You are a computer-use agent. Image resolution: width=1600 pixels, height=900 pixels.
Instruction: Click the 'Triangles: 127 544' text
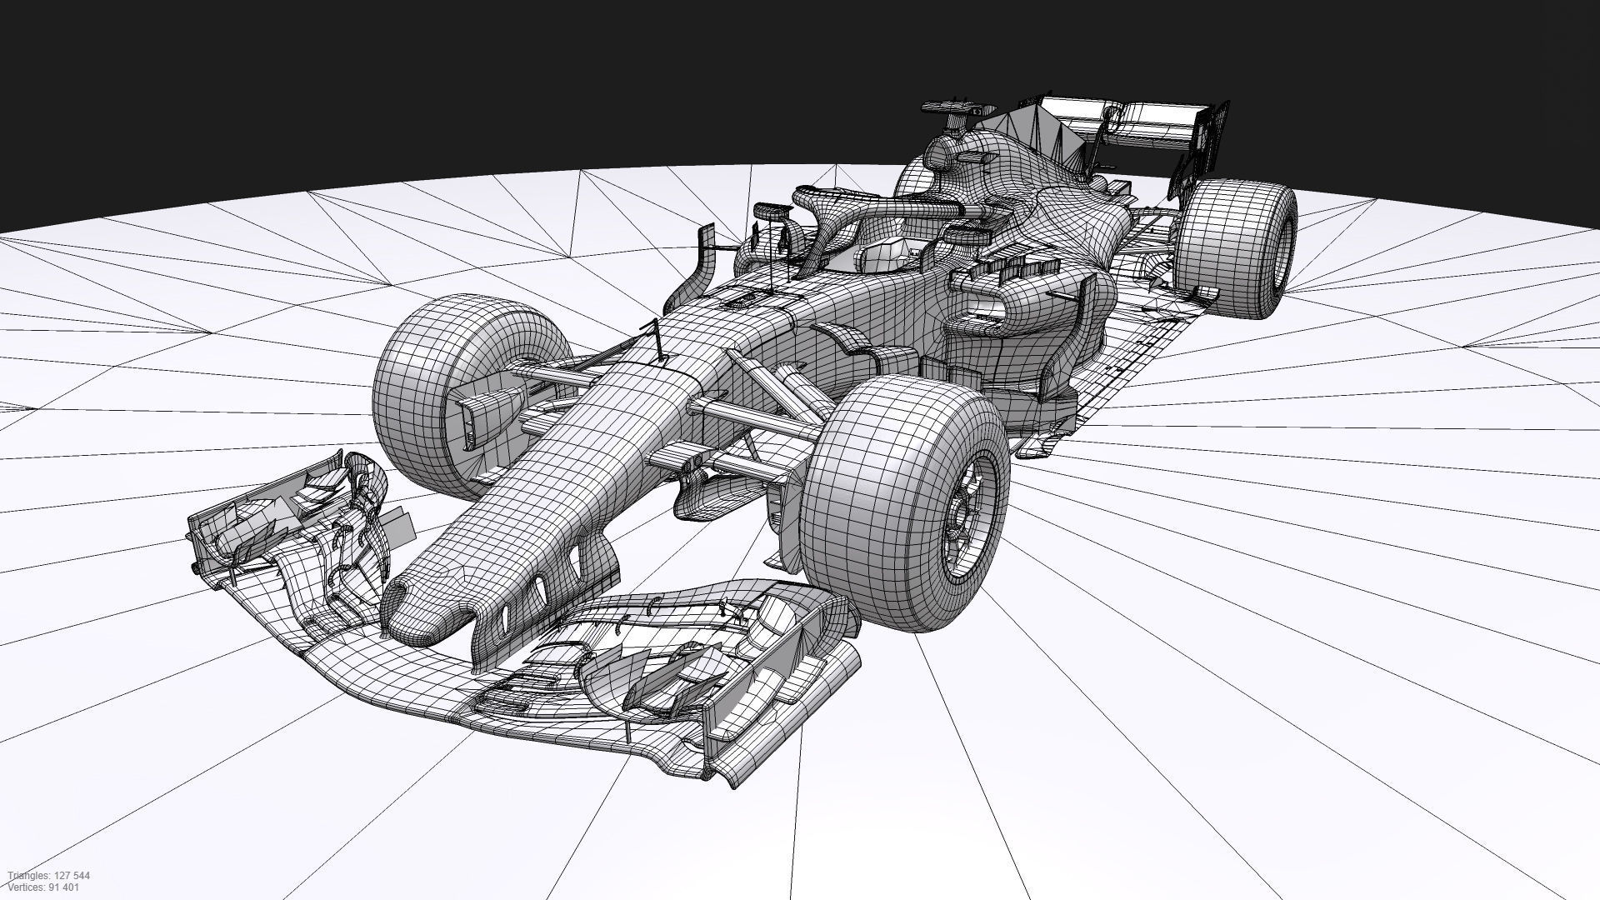click(x=49, y=876)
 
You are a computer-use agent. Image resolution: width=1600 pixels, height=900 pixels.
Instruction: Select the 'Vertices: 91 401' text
click(x=44, y=887)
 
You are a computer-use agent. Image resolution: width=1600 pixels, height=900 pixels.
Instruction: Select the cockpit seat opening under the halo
click(x=883, y=254)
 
